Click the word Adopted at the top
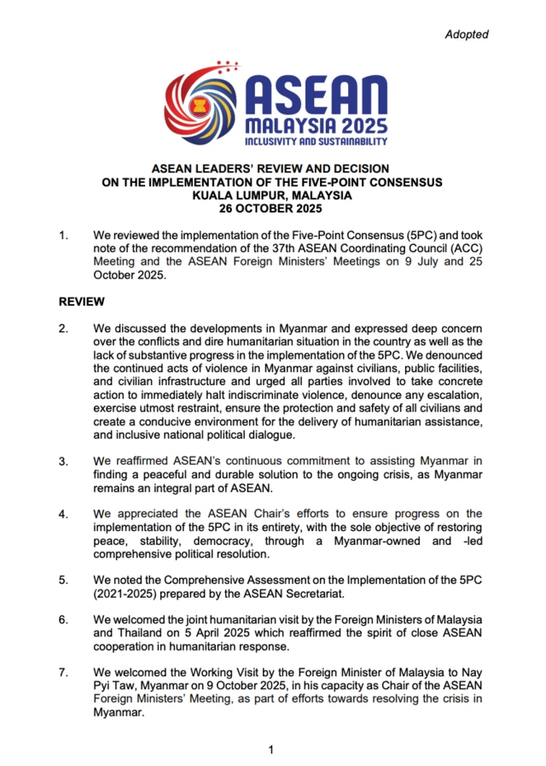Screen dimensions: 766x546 pos(467,34)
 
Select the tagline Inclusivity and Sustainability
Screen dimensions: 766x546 pos(317,141)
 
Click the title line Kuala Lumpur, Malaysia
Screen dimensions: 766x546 pos(272,195)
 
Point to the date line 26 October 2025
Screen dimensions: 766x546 pos(272,208)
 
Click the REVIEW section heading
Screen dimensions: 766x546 pos(81,301)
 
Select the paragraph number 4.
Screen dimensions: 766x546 pos(62,513)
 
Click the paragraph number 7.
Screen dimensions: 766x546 pos(62,673)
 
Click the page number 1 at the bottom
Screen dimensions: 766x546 pos(271,750)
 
